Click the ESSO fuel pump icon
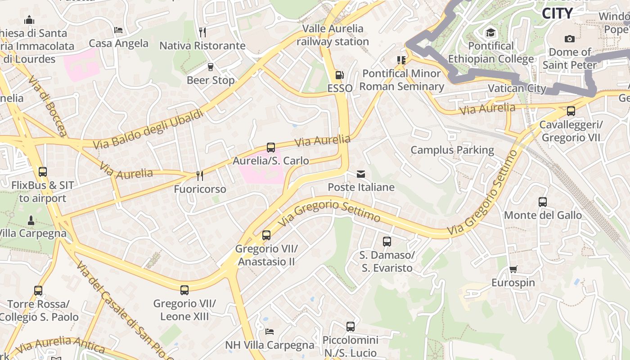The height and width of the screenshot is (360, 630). [x=340, y=75]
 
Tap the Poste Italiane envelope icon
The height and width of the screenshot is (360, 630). [x=361, y=174]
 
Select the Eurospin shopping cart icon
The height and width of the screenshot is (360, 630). [x=513, y=269]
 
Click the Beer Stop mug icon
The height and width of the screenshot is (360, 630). [x=210, y=67]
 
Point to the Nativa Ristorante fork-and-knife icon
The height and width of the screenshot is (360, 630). [x=202, y=32]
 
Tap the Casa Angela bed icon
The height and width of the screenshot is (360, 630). [x=118, y=30]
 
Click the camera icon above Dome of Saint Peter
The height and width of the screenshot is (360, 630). [x=570, y=39]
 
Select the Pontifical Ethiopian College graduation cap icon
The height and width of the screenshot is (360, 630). [x=490, y=32]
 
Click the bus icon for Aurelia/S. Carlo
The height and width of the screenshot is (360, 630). [x=271, y=147]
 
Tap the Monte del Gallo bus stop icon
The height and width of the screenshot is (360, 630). [x=543, y=202]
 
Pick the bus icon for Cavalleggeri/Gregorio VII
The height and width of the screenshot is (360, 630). [x=571, y=111]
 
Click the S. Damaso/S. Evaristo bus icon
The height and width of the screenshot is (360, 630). [x=387, y=242]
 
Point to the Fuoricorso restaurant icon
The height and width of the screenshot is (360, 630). [x=200, y=175]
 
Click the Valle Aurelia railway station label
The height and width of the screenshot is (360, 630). [x=333, y=35]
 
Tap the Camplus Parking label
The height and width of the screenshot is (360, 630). [x=452, y=150]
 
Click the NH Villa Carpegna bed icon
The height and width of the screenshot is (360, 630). [x=270, y=332]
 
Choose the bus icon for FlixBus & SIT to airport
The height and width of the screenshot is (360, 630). [x=43, y=171]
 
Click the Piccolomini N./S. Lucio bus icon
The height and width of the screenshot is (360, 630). [x=351, y=327]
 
